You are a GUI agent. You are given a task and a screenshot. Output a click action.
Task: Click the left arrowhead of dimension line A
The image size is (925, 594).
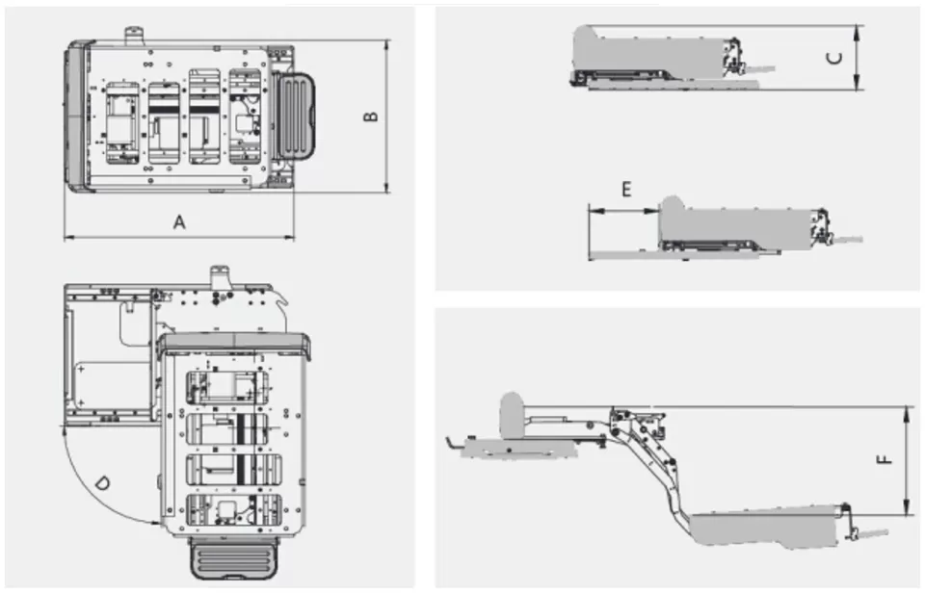click(68, 238)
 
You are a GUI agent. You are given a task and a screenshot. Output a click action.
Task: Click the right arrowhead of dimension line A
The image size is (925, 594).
click(290, 238)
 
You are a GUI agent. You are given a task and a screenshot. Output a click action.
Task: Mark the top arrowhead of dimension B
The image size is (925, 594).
click(386, 45)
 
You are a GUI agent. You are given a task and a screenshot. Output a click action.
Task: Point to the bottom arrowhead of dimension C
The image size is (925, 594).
click(857, 85)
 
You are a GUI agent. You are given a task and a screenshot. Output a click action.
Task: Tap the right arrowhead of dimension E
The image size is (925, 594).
click(653, 211)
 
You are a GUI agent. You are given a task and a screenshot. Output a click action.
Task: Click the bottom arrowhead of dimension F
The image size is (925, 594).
click(907, 510)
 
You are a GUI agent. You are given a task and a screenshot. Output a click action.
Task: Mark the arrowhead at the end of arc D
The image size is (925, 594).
click(155, 522)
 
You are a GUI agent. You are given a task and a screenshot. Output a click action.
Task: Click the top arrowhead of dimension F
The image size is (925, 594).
click(907, 412)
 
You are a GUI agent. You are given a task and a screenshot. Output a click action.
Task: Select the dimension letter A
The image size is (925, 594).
click(179, 222)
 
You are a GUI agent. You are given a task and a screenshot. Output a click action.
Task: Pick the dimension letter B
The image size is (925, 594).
click(370, 116)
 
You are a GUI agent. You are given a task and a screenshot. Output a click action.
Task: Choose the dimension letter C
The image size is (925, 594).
click(835, 58)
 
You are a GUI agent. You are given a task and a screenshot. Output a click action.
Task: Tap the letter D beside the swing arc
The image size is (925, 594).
click(102, 484)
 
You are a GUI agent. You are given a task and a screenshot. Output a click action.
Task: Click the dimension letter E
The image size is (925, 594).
click(626, 189)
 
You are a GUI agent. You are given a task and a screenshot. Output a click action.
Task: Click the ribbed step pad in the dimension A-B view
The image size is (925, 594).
click(296, 116)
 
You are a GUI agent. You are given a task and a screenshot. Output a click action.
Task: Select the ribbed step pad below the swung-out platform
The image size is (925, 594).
click(234, 556)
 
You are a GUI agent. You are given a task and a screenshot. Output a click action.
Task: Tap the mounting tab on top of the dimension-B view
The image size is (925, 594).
click(134, 35)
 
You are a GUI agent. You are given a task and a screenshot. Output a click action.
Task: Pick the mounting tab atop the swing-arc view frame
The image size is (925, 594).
click(220, 276)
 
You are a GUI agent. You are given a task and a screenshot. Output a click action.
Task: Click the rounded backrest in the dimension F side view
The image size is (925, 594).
click(512, 416)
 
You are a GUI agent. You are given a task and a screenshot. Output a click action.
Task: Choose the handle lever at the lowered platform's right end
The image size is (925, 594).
click(866, 533)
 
